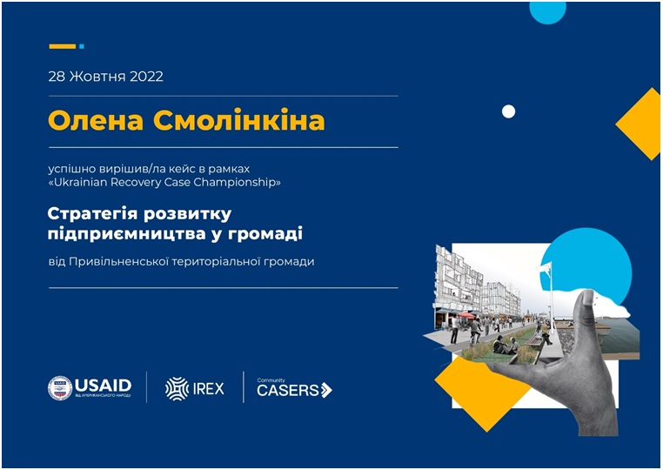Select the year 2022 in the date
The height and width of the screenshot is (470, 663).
(x=146, y=77)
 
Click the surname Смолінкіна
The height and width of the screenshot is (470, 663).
(x=239, y=121)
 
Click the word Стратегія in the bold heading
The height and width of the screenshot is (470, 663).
(x=91, y=213)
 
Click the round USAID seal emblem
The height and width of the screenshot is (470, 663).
(x=60, y=388)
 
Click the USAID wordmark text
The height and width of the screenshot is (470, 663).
(x=104, y=386)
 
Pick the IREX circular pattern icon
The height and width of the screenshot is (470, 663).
(x=177, y=388)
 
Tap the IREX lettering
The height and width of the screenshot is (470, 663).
(x=209, y=389)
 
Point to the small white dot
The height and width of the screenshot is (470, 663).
(x=508, y=111)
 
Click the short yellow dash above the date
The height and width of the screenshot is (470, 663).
(x=62, y=46)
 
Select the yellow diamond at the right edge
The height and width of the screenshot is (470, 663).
(x=639, y=124)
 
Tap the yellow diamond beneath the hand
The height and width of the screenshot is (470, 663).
(x=482, y=392)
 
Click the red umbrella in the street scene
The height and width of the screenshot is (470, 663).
(x=467, y=315)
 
